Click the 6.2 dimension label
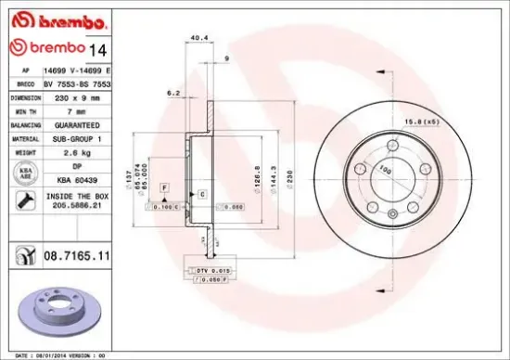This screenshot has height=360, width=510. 172,93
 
